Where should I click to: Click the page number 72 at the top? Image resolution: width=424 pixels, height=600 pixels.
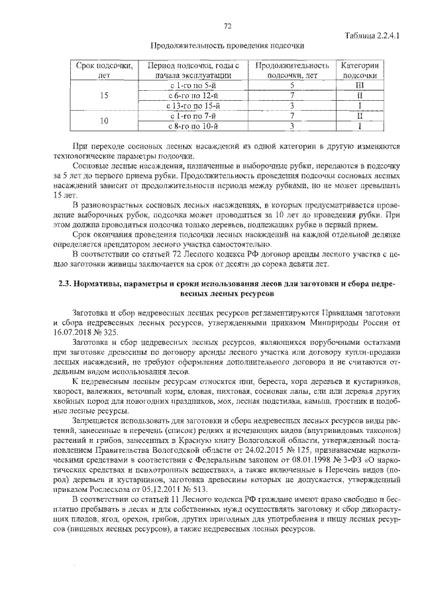[227, 27]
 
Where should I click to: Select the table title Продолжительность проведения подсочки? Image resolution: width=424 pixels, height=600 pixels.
[227, 46]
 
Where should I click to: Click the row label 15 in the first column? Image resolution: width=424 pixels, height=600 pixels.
[103, 95]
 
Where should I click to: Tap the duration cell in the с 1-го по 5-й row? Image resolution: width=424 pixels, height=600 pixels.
[291, 86]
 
